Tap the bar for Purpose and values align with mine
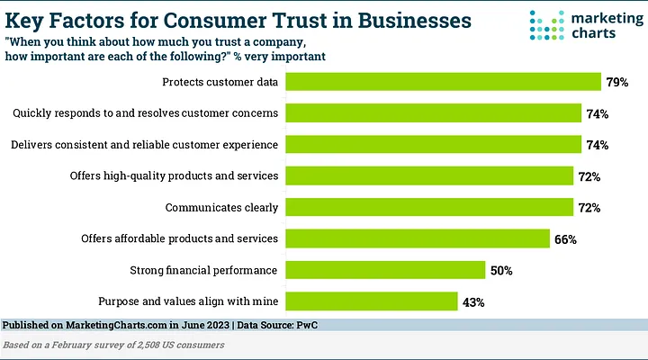372,301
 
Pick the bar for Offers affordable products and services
418,239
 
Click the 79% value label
616,83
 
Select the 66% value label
565,239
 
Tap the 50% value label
500,270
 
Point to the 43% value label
473,301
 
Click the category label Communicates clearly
222,208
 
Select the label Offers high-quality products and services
174,176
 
